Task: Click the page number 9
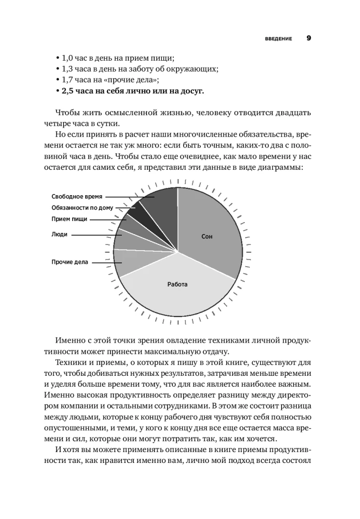[308, 38]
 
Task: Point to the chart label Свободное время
[77, 196]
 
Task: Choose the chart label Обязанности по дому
[82, 208]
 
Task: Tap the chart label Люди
[59, 235]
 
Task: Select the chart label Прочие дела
[70, 262]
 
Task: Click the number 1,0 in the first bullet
[68, 58]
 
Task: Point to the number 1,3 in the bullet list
[68, 69]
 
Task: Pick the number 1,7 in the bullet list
[68, 80]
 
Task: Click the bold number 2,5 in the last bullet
[68, 91]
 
